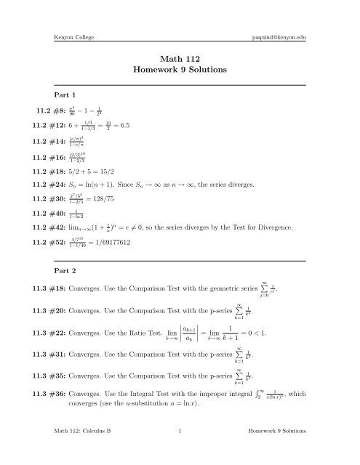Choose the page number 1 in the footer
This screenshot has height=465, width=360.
coord(179,450)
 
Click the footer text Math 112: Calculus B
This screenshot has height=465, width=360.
coord(80,450)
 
